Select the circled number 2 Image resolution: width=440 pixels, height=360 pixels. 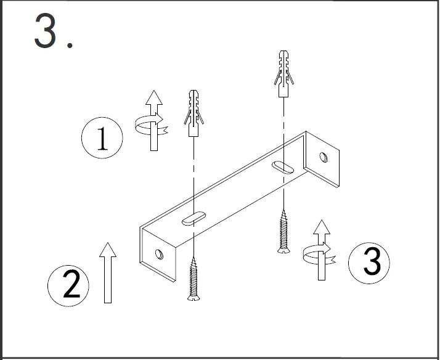tap(69, 285)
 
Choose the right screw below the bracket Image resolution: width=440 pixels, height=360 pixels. tap(283, 231)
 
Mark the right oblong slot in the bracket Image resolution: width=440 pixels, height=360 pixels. tap(283, 167)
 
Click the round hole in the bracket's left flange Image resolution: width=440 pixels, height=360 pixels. tap(159, 253)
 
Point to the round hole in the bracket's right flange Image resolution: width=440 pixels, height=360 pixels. tap(323, 158)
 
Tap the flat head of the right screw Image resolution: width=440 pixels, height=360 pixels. tap(283, 249)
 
